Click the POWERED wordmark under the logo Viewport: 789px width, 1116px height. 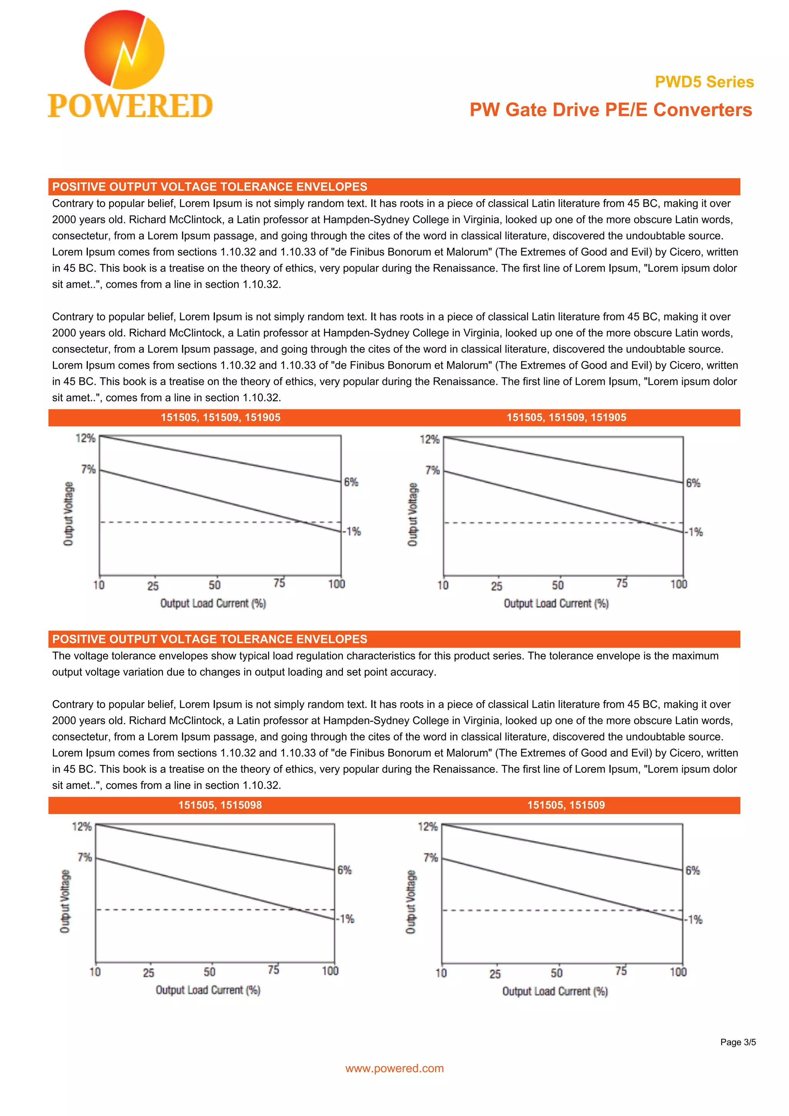coord(130,106)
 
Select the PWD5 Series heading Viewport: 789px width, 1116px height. coord(704,82)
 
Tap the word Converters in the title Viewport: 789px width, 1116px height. coord(702,110)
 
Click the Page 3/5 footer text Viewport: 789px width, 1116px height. coord(737,1042)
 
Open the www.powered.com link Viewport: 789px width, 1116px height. coord(394,1068)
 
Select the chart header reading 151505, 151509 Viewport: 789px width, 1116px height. coord(566,805)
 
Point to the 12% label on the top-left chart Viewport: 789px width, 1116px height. coord(86,438)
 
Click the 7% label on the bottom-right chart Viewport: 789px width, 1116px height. coord(430,858)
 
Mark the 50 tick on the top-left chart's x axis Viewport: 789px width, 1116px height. coord(214,585)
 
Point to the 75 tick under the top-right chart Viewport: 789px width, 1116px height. coord(622,583)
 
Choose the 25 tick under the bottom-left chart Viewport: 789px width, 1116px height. coord(148,973)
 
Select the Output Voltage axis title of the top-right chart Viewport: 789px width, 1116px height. coord(412,514)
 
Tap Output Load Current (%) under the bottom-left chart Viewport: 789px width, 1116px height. coord(208,990)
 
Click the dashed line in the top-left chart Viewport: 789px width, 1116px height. coord(195,522)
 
